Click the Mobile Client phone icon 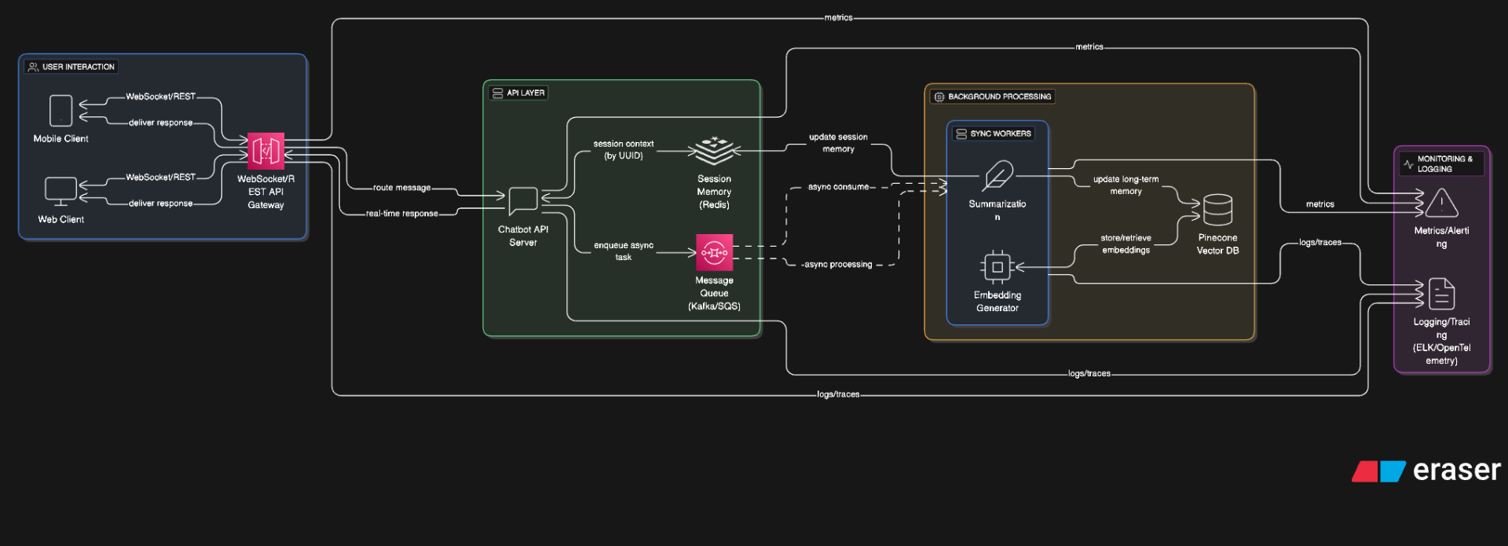(x=60, y=111)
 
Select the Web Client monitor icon (x=60, y=191)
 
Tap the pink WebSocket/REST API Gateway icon (x=265, y=151)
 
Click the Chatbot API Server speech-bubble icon (x=523, y=201)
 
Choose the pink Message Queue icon (x=714, y=252)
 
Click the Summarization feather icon (x=997, y=176)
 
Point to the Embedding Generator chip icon (x=997, y=267)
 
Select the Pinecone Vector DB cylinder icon (x=1217, y=210)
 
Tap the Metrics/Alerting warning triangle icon (x=1441, y=203)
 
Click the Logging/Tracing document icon (x=1441, y=295)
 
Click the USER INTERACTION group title (x=78, y=67)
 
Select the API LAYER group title (x=525, y=93)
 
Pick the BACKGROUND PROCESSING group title (x=999, y=97)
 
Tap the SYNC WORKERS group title (x=1000, y=134)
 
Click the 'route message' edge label (x=401, y=188)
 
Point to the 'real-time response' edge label (x=401, y=214)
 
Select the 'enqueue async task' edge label (x=624, y=251)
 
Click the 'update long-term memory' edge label (x=1126, y=185)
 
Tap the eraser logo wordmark (x=1456, y=470)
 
